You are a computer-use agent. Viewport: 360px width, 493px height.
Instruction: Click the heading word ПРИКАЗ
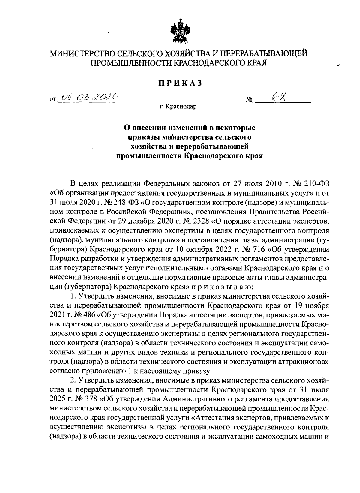180,83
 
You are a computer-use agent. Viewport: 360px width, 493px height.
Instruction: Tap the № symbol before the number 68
249,99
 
